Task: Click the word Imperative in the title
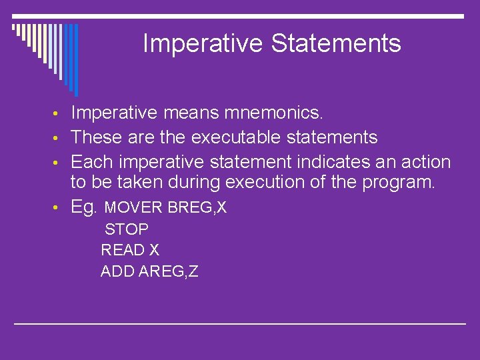203,44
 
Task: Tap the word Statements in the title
336,43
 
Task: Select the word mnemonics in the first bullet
273,113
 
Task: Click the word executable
236,137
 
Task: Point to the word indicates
333,161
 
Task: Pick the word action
426,161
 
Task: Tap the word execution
265,182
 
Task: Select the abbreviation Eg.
83,207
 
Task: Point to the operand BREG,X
197,207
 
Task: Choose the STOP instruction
127,229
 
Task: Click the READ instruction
123,250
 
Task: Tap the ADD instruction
117,271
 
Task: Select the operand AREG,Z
169,271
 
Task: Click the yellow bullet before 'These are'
55,138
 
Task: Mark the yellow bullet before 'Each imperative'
55,163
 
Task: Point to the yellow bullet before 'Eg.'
55,207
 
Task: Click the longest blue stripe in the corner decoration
76,60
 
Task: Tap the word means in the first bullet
191,113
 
